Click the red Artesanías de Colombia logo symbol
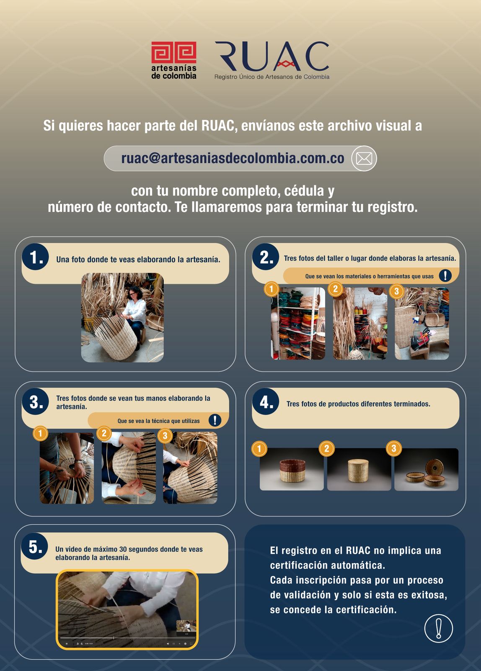coord(173,52)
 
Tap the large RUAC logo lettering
coord(272,56)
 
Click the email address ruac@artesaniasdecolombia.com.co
coord(233,158)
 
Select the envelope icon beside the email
coord(364,159)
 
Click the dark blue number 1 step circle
coord(35,257)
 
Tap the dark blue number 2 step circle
coord(266,257)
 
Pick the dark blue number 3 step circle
coord(35,401)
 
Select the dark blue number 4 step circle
coord(266,401)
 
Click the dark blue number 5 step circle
coord(34,546)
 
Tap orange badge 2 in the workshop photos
coord(336,289)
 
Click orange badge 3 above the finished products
coord(394,448)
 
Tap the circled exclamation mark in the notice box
coord(439,628)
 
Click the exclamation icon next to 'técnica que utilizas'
coord(215,420)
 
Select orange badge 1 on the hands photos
coord(40,433)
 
